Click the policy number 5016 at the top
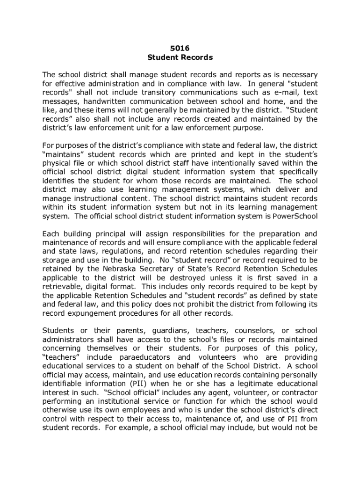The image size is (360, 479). point(180,48)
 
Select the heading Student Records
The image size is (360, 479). point(180,58)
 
